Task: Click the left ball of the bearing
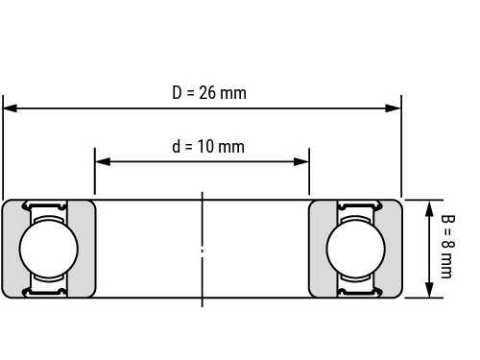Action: [x=49, y=249]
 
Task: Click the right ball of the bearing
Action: [x=356, y=249]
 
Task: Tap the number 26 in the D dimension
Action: [x=207, y=93]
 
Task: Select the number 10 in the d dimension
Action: [x=205, y=147]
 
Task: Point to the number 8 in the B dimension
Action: [x=448, y=244]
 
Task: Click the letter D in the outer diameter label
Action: [x=177, y=93]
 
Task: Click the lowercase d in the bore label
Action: [x=177, y=147]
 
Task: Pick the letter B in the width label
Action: [x=448, y=219]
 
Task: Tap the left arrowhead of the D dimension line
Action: [x=10, y=108]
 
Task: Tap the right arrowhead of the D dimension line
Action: [x=394, y=108]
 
